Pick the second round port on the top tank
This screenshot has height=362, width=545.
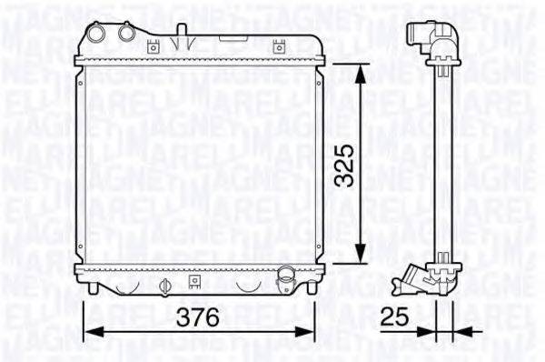tap(124, 34)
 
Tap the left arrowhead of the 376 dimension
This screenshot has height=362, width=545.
tap(92, 331)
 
